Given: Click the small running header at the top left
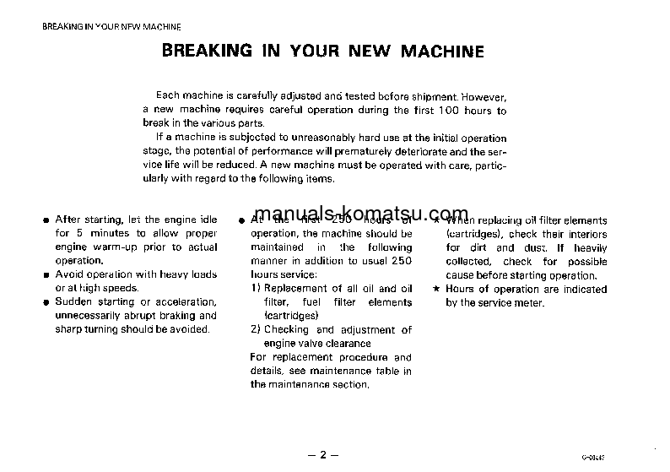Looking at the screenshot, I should coord(111,27).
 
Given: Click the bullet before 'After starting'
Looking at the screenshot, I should coord(47,220).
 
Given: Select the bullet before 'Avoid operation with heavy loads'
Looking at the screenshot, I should coord(47,275).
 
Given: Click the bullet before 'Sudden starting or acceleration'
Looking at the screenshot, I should coord(47,302).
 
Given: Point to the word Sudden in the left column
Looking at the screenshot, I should coord(71,301).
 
